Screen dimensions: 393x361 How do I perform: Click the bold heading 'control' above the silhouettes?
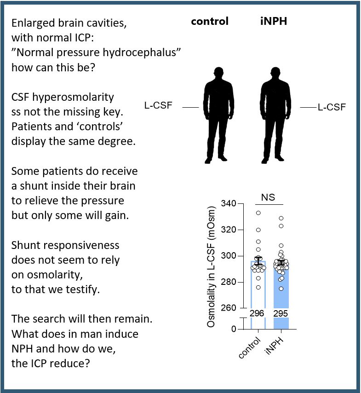click(x=210, y=22)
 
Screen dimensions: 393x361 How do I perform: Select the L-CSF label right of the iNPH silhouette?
click(x=332, y=107)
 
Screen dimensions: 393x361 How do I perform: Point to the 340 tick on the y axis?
click(x=229, y=204)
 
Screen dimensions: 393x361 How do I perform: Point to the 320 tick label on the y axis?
click(x=229, y=230)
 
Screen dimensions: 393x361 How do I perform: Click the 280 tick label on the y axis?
click(x=229, y=282)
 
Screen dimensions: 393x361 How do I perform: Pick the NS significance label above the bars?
click(x=268, y=197)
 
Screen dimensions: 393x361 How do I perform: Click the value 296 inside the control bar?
click(x=258, y=313)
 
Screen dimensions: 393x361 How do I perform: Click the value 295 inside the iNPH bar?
click(x=281, y=313)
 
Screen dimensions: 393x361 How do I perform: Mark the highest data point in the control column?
click(x=258, y=213)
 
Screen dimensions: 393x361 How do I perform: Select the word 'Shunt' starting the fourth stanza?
click(x=24, y=245)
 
